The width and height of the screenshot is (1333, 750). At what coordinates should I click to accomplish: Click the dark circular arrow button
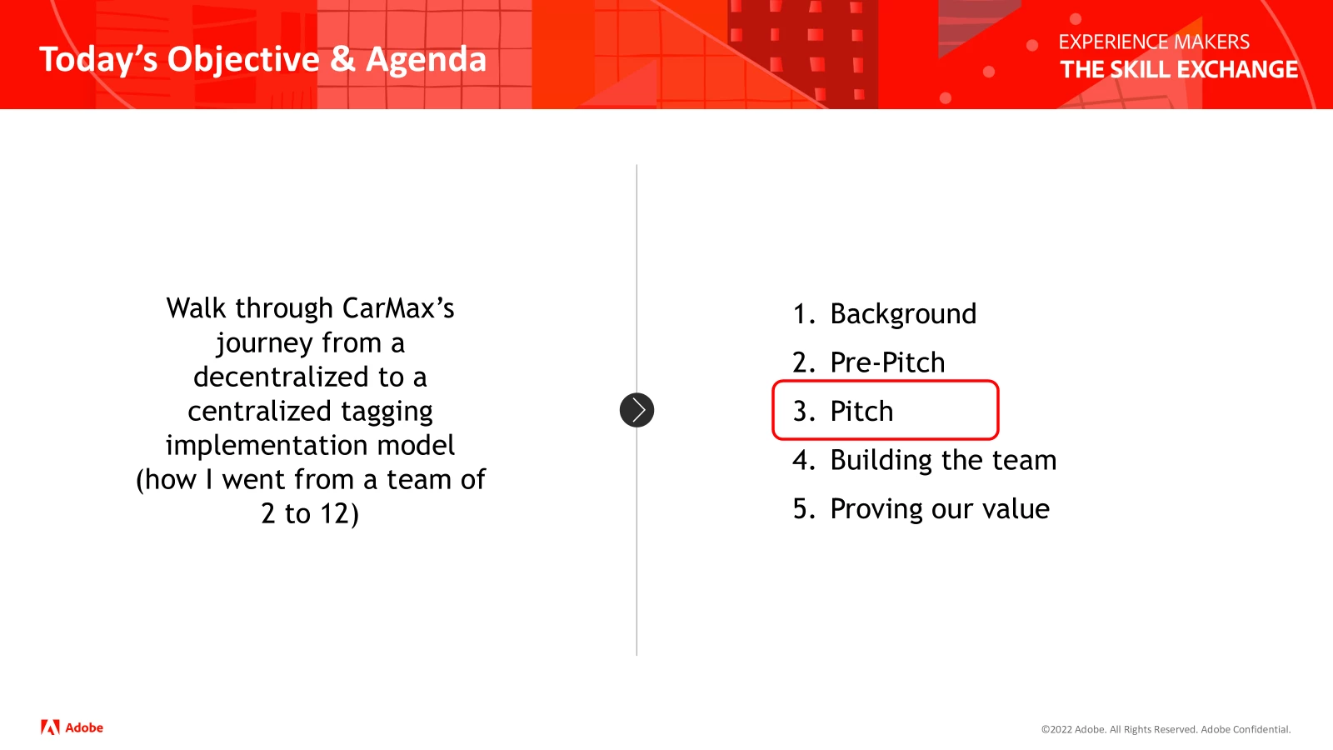pyautogui.click(x=637, y=410)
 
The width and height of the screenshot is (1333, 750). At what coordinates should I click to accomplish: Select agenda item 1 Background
pyautogui.click(x=884, y=313)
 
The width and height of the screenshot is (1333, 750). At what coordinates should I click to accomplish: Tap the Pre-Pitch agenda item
pyautogui.click(x=868, y=362)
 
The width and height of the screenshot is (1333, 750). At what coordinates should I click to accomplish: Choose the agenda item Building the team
pyautogui.click(x=924, y=460)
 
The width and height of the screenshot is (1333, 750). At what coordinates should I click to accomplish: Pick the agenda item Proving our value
pyautogui.click(x=921, y=509)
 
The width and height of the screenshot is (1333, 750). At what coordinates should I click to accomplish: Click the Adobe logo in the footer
pyautogui.click(x=72, y=727)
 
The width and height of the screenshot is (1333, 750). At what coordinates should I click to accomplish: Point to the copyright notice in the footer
pyautogui.click(x=1166, y=730)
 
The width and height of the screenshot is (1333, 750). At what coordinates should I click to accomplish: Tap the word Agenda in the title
pyautogui.click(x=426, y=60)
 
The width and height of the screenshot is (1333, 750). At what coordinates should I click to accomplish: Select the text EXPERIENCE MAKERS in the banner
pyautogui.click(x=1154, y=42)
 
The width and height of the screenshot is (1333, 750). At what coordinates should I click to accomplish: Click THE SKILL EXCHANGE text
pyautogui.click(x=1179, y=70)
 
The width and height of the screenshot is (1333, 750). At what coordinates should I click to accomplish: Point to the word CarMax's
pyautogui.click(x=398, y=308)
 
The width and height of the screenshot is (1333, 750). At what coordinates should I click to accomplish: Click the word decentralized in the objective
pyautogui.click(x=281, y=377)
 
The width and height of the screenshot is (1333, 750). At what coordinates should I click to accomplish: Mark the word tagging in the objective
pyautogui.click(x=387, y=412)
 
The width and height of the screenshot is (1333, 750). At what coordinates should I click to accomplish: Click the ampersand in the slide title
pyautogui.click(x=342, y=60)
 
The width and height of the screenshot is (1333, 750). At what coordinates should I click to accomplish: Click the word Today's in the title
pyautogui.click(x=98, y=60)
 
